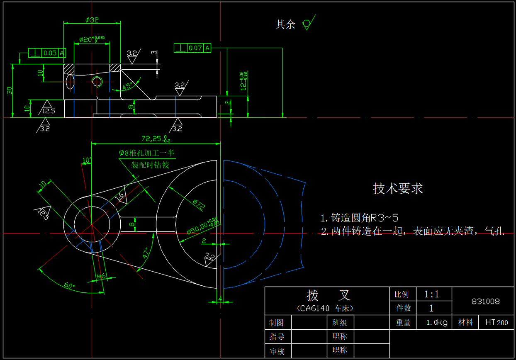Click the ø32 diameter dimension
(x=92, y=19)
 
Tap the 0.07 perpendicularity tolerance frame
(x=192, y=48)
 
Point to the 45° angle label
(x=128, y=86)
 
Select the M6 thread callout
(x=101, y=276)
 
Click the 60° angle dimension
(x=70, y=285)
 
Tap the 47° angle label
(x=146, y=253)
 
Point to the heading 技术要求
(x=398, y=188)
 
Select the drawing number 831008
(x=485, y=302)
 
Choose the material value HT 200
(x=497, y=323)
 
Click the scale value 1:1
(x=431, y=294)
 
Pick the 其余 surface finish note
(x=285, y=24)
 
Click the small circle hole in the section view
(x=97, y=81)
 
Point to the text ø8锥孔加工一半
(x=147, y=153)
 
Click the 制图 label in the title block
(x=277, y=323)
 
